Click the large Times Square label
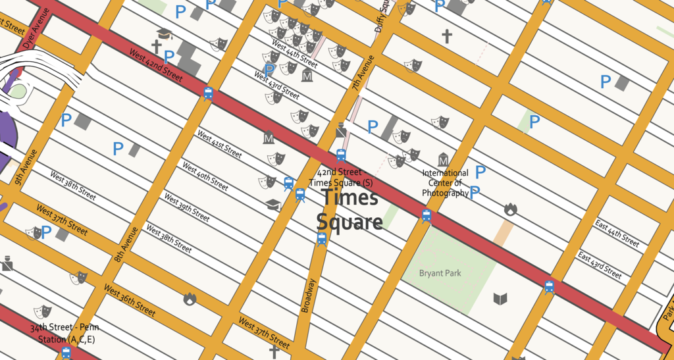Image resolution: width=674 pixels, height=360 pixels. tap(349, 210)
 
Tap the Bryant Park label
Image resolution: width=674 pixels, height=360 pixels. tap(440, 273)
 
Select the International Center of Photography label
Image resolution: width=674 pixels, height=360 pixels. tap(446, 183)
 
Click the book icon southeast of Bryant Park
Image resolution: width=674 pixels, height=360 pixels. tap(500, 299)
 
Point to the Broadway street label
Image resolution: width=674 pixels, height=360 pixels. tap(309, 296)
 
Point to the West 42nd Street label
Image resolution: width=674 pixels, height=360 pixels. tap(156, 66)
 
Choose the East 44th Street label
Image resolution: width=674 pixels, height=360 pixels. tap(617, 234)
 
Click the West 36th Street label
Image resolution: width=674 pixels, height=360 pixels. tap(130, 301)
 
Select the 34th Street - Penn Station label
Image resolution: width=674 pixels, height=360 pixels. tap(63, 334)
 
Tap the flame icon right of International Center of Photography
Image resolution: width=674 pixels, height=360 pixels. tap(511, 209)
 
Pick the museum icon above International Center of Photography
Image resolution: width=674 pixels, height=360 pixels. tap(444, 160)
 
